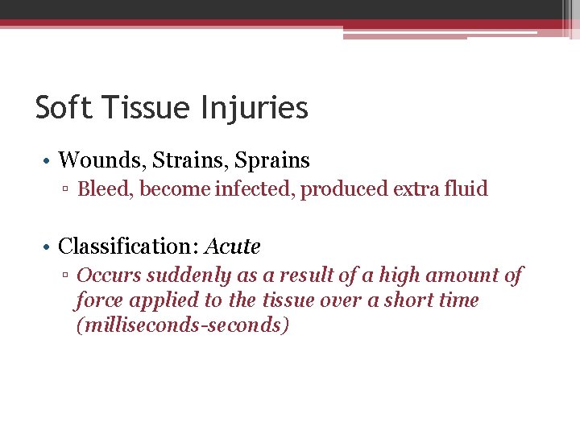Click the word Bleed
tap(100, 189)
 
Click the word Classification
tap(129, 246)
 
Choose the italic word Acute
tap(233, 246)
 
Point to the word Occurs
tap(107, 275)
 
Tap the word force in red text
tap(98, 300)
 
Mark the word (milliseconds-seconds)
tap(182, 325)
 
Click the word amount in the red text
tap(463, 275)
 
